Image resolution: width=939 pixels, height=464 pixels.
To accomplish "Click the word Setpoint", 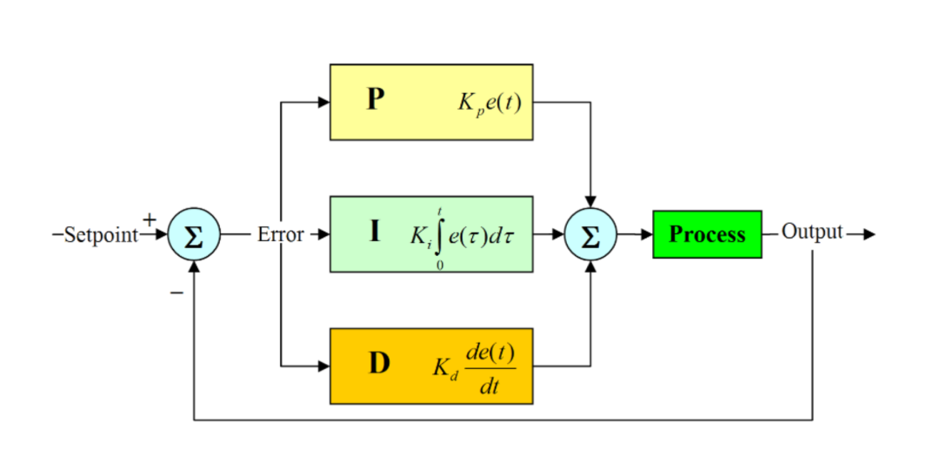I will tap(101, 236).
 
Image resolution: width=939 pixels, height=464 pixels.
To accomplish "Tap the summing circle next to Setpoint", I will tap(194, 235).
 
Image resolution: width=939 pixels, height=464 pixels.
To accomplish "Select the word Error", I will tap(280, 234).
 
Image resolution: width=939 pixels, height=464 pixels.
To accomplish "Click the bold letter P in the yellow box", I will tap(375, 99).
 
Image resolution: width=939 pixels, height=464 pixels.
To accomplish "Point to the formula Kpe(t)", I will tap(489, 103).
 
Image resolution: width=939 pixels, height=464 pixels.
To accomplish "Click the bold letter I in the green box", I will tap(375, 232).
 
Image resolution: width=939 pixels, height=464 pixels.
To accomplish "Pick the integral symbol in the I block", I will tap(441, 234).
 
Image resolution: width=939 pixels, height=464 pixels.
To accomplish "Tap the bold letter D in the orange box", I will tap(379, 364).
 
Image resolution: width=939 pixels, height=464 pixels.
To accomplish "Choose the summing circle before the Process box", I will tap(590, 235).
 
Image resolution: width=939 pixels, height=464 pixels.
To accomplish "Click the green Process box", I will tap(707, 234).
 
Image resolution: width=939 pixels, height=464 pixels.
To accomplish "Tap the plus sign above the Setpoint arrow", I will tap(150, 220).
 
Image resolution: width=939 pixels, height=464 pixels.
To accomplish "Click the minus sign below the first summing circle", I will tap(176, 293).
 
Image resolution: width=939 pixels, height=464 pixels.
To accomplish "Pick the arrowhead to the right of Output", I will tap(869, 234).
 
